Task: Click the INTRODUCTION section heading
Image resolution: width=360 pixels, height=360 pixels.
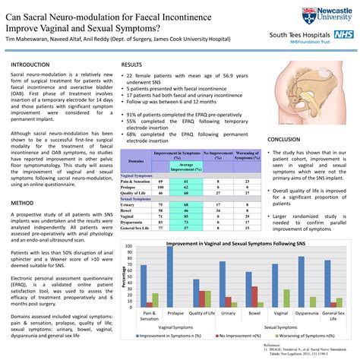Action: pyautogui.click(x=30, y=65)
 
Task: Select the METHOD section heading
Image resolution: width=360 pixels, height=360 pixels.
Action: pyautogui.click(x=22, y=204)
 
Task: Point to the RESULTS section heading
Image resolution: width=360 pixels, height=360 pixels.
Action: pyautogui.click(x=132, y=65)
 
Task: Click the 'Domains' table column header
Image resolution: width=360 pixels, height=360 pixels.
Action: pyautogui.click(x=136, y=161)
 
